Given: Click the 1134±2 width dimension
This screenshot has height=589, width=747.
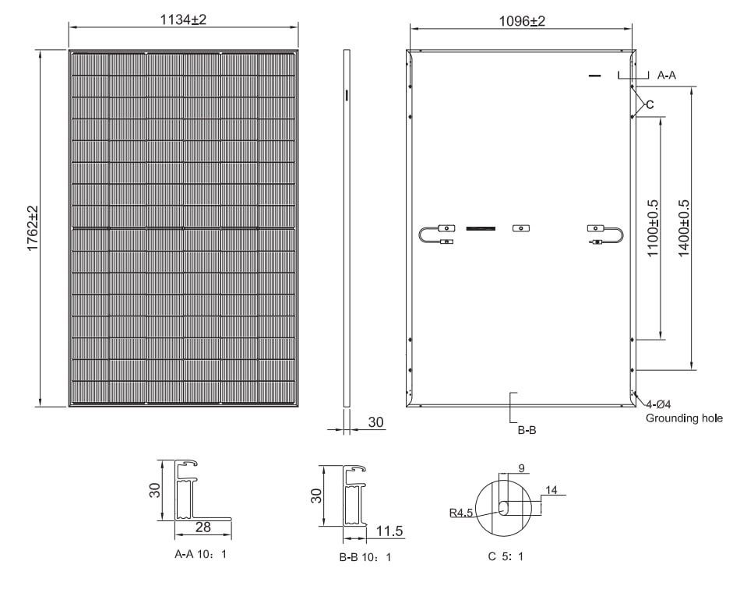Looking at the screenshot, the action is point(183,19).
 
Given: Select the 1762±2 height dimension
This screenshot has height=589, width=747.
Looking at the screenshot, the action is point(33,228).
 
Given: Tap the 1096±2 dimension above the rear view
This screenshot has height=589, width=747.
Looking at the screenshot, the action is point(522,21).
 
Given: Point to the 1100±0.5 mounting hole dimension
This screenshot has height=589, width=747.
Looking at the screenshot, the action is point(653,228).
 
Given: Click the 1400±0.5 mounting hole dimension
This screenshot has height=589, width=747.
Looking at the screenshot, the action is point(684,228).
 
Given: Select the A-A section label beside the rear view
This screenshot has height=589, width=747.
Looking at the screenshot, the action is point(667,76).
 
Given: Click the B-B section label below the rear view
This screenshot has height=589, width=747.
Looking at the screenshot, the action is point(527,430).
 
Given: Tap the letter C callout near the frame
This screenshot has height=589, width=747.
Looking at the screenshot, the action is point(650,105).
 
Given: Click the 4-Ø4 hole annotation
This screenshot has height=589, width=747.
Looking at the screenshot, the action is point(658,404).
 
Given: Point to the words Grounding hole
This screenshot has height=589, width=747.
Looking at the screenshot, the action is point(684,418).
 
